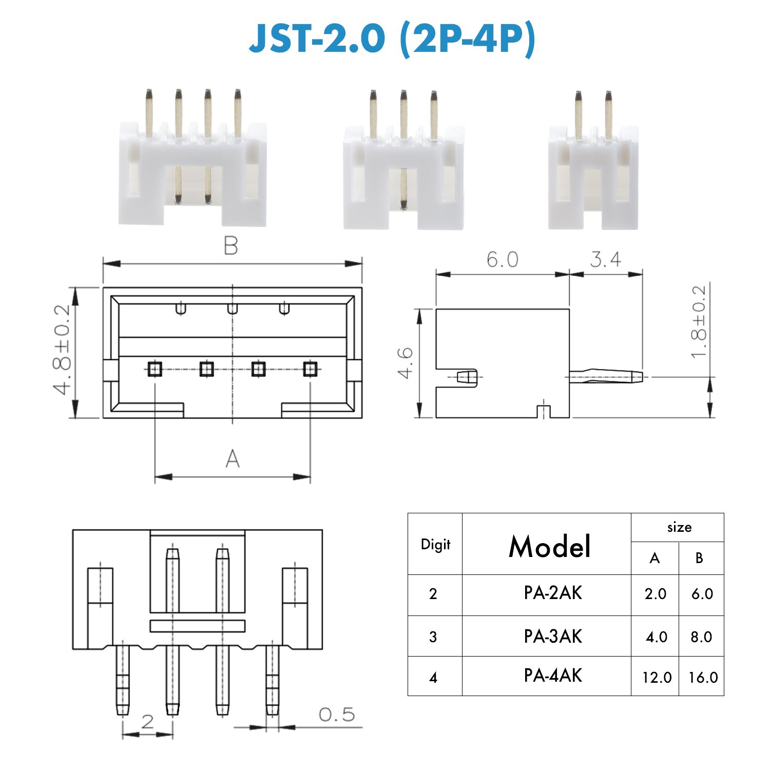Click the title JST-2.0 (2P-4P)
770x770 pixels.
[392, 38]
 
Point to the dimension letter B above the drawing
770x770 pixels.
[231, 246]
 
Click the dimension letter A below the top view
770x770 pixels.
[233, 458]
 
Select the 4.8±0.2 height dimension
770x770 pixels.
[63, 350]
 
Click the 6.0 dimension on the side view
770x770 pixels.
[502, 260]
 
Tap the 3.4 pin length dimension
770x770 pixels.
[605, 260]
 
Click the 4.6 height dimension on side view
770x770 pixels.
[406, 363]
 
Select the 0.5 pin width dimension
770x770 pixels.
[337, 715]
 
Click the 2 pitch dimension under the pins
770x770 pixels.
[147, 722]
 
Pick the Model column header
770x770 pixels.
[549, 546]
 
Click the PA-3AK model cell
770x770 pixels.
[553, 637]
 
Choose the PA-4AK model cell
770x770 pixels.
[553, 676]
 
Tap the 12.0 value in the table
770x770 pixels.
[657, 678]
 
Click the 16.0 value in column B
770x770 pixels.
[703, 678]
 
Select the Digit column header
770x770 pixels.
[435, 544]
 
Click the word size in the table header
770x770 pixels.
[679, 527]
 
